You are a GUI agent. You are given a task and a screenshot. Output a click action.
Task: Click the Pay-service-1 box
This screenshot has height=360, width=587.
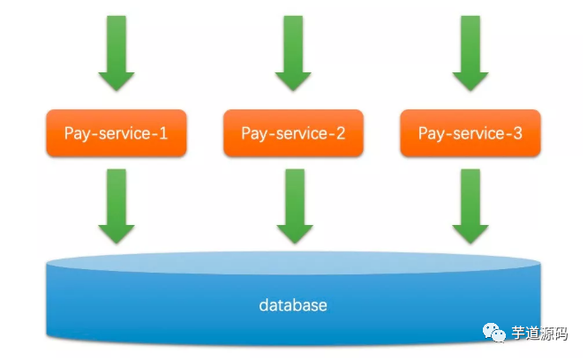coord(116,133)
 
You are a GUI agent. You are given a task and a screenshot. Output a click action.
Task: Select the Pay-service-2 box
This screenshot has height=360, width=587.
coord(293,133)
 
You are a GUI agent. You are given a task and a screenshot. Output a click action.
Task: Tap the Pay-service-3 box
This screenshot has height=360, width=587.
coord(470,133)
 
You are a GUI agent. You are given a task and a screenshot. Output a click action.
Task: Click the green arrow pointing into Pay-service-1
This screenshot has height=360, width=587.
coord(117,53)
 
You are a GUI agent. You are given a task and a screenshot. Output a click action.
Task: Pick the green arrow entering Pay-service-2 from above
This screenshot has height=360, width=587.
coord(293,53)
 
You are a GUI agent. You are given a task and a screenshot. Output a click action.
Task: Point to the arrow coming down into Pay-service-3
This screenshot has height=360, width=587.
coord(470,53)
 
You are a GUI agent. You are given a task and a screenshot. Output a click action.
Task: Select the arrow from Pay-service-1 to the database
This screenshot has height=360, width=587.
coord(117,205)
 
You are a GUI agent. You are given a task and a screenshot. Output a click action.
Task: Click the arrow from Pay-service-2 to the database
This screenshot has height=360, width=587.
coord(294,205)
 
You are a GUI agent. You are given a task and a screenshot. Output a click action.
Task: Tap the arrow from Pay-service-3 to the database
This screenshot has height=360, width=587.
coord(470,205)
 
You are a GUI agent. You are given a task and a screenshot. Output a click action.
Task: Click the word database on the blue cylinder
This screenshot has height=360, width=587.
coord(293,306)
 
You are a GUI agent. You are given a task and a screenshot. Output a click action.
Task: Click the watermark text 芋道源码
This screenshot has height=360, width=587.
coord(540,333)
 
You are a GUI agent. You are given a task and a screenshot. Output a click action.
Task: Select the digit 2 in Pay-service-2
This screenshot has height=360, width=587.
coord(340,133)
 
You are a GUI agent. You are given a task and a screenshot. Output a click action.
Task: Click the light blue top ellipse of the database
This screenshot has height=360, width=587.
coord(293,260)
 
